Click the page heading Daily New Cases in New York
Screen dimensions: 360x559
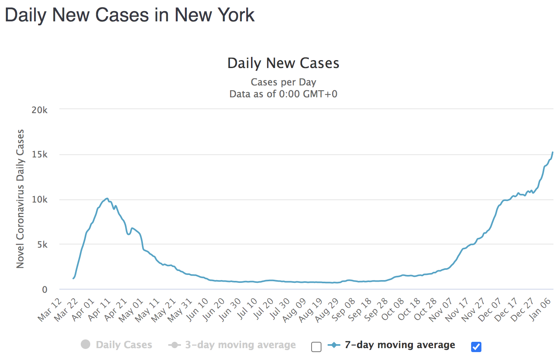pos(129,15)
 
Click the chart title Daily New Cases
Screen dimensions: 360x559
pos(283,63)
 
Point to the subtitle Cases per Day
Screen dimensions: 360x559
pos(283,82)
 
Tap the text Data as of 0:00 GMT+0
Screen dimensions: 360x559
pos(283,94)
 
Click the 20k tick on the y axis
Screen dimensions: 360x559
pos(40,110)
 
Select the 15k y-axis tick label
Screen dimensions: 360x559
pos(40,155)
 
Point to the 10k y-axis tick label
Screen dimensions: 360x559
pos(40,200)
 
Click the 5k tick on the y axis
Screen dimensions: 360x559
pos(42,245)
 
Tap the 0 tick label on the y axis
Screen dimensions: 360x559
pos(45,290)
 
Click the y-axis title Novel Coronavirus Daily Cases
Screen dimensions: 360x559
pos(20,199)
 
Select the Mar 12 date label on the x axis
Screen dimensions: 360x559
pos(50,309)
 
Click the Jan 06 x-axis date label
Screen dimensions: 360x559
pos(540,309)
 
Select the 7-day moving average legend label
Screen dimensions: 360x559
pos(399,345)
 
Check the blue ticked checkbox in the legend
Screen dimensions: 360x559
pos(476,347)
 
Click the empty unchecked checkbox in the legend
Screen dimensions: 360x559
pos(316,347)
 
